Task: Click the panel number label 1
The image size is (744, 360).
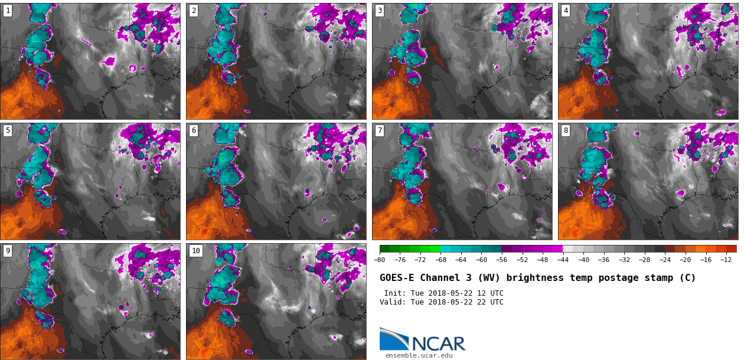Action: coord(8,11)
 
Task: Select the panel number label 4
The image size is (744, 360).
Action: coord(566,11)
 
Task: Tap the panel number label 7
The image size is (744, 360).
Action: coord(380,130)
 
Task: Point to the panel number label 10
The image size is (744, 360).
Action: coord(195,251)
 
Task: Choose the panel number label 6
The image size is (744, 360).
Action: coord(194,130)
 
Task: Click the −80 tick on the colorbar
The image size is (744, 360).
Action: coord(380,260)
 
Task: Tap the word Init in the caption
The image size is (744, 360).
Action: coord(394,293)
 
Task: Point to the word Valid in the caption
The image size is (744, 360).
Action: coord(392,302)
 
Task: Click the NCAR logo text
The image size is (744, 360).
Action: coord(438,343)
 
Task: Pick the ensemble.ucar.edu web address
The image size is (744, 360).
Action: coord(419,355)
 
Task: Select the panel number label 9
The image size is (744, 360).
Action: coord(8,251)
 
